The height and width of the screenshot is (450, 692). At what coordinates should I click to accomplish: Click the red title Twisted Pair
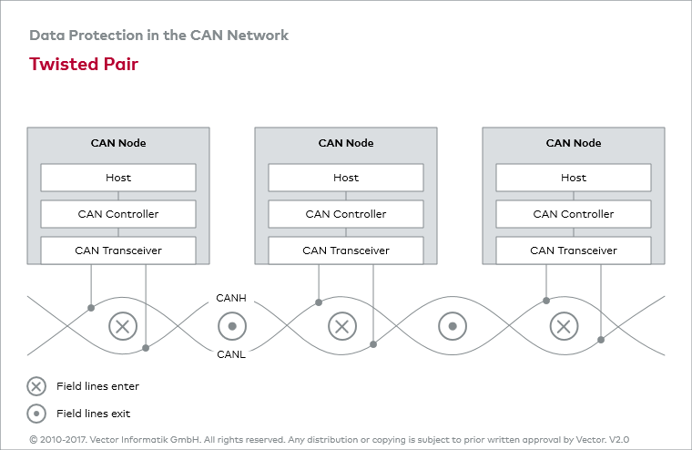coord(84,64)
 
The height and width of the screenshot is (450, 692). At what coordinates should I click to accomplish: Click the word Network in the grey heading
coord(258,35)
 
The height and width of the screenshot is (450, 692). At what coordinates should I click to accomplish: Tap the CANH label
coord(231,298)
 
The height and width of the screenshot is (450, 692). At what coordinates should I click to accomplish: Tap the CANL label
coord(231,354)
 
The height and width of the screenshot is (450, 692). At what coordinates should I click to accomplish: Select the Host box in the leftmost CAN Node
coord(118,178)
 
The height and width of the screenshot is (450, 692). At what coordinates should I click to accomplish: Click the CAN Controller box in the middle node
coord(346,214)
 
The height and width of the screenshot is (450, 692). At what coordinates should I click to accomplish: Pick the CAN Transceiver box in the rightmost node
coord(574,251)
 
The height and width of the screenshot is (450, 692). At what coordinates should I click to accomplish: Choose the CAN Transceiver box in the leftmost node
coord(118,251)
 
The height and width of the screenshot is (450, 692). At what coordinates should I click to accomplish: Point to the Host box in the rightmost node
coord(574,178)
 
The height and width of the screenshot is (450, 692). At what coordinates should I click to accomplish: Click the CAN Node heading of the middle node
coord(346,143)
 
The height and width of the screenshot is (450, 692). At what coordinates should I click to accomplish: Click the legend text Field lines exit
coord(93,414)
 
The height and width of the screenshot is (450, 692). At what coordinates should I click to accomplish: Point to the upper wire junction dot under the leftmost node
coord(91,308)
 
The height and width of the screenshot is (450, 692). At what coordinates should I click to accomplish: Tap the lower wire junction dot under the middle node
coord(373,344)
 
